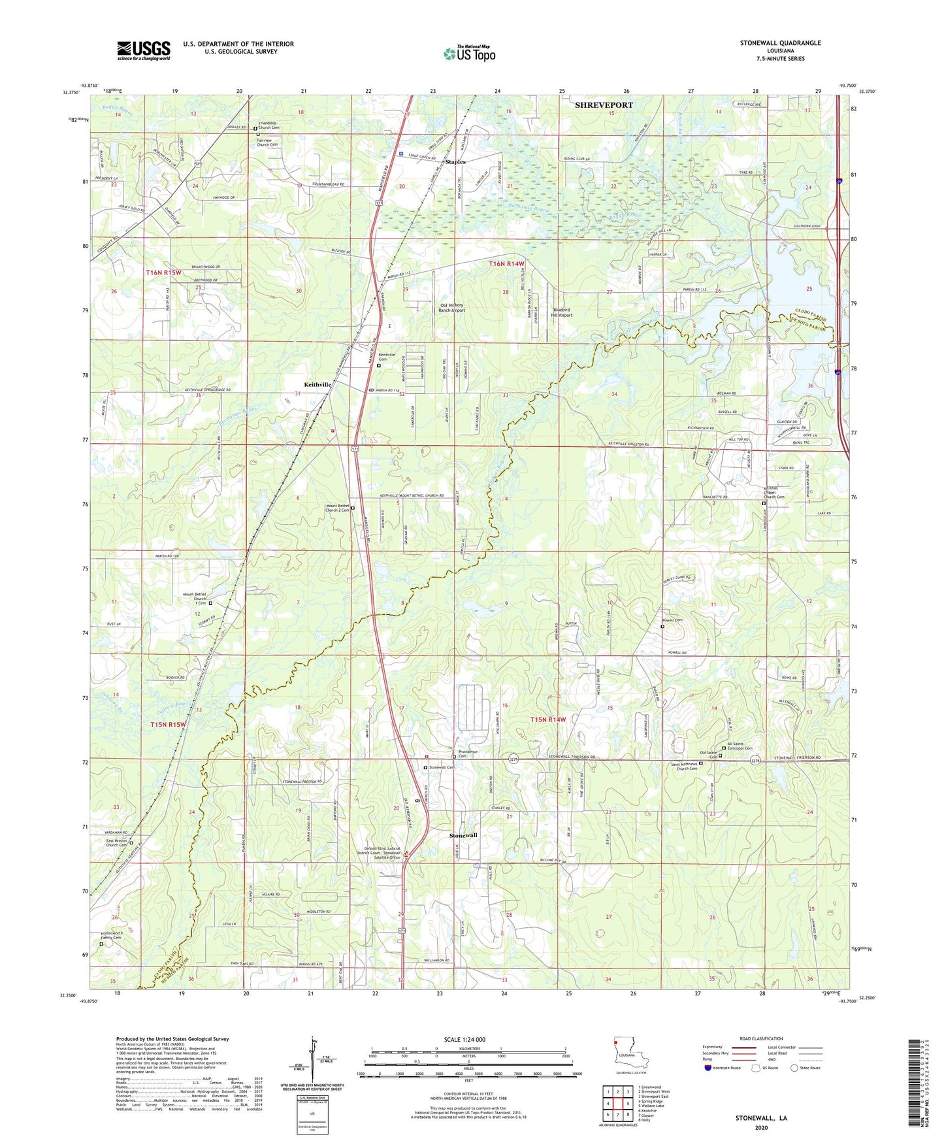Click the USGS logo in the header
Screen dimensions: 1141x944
[x=143, y=50]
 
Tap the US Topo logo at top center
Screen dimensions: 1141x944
[x=468, y=54]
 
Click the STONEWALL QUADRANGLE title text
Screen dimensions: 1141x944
[x=780, y=43]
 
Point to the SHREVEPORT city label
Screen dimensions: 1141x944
[x=604, y=105]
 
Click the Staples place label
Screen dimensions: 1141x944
[x=455, y=161]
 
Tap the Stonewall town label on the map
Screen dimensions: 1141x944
[x=463, y=836]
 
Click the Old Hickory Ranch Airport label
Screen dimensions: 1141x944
[x=451, y=308]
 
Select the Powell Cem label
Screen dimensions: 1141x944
[x=672, y=620]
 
